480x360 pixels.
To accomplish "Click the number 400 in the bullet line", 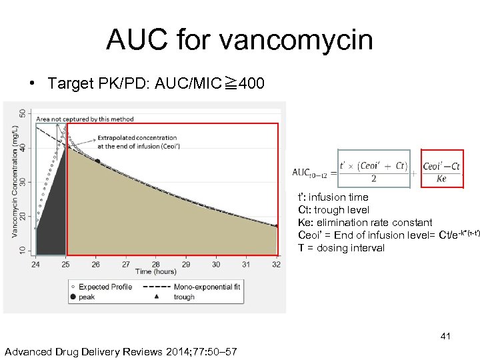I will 251,83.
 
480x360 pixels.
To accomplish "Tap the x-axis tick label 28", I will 156,264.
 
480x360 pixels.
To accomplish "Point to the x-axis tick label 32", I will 276,264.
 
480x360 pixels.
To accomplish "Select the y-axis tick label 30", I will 24,181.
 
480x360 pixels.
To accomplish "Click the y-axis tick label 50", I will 24,115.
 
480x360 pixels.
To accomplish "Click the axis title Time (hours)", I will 156,272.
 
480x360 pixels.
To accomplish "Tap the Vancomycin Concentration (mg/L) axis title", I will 14,181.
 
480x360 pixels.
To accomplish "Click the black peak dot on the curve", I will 97,161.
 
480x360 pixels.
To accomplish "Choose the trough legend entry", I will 183,297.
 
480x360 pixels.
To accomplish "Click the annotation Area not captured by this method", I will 85,119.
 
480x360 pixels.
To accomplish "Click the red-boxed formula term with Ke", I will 441,172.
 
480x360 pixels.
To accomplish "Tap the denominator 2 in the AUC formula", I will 373,179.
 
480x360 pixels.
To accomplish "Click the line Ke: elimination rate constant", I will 365,223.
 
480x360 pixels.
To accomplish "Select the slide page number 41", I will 445,337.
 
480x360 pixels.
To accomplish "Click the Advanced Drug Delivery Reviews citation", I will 121,351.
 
